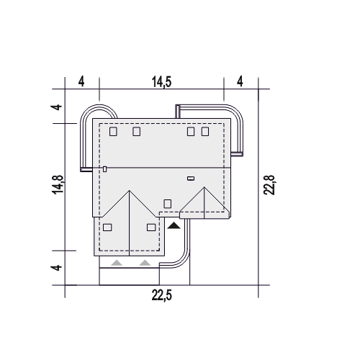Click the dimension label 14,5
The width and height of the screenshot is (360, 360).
(162, 82)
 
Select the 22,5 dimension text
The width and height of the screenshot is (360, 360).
(162, 295)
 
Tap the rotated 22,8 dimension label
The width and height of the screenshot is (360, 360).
(269, 185)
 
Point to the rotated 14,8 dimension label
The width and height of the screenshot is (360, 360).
(58, 184)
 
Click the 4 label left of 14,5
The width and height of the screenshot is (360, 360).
(81, 81)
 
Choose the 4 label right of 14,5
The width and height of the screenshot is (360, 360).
(240, 81)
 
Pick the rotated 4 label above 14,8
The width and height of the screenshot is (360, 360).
(57, 107)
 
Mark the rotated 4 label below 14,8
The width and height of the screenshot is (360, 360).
(57, 268)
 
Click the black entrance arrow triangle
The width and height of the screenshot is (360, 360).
(174, 226)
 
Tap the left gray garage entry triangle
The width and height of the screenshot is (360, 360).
(117, 263)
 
